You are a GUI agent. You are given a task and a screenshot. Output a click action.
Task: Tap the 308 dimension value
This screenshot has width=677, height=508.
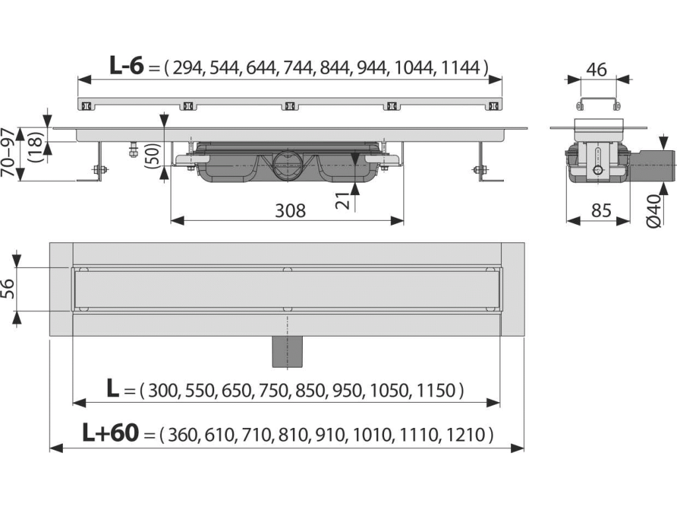[290, 210]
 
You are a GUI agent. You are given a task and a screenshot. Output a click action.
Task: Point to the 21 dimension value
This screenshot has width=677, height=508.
[344, 200]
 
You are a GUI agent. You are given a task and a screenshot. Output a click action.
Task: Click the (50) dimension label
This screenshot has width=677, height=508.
[153, 155]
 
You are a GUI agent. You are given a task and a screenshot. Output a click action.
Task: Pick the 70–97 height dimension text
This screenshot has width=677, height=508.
[9, 153]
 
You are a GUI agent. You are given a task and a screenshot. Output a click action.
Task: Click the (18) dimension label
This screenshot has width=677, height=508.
[36, 148]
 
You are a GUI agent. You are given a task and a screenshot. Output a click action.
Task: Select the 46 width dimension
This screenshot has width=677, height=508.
[597, 69]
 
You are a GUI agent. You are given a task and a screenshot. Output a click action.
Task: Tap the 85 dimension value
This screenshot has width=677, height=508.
[601, 210]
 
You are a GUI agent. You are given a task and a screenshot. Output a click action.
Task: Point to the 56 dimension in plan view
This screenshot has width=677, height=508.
[8, 288]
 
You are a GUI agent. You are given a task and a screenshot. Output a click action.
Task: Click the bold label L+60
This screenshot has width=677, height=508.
[110, 433]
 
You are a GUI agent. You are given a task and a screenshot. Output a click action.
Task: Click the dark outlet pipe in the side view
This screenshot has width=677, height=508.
[653, 164]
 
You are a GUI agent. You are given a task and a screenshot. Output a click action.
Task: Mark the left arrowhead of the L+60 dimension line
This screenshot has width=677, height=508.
[56, 448]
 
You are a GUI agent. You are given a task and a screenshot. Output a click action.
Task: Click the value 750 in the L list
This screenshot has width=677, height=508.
[273, 390]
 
